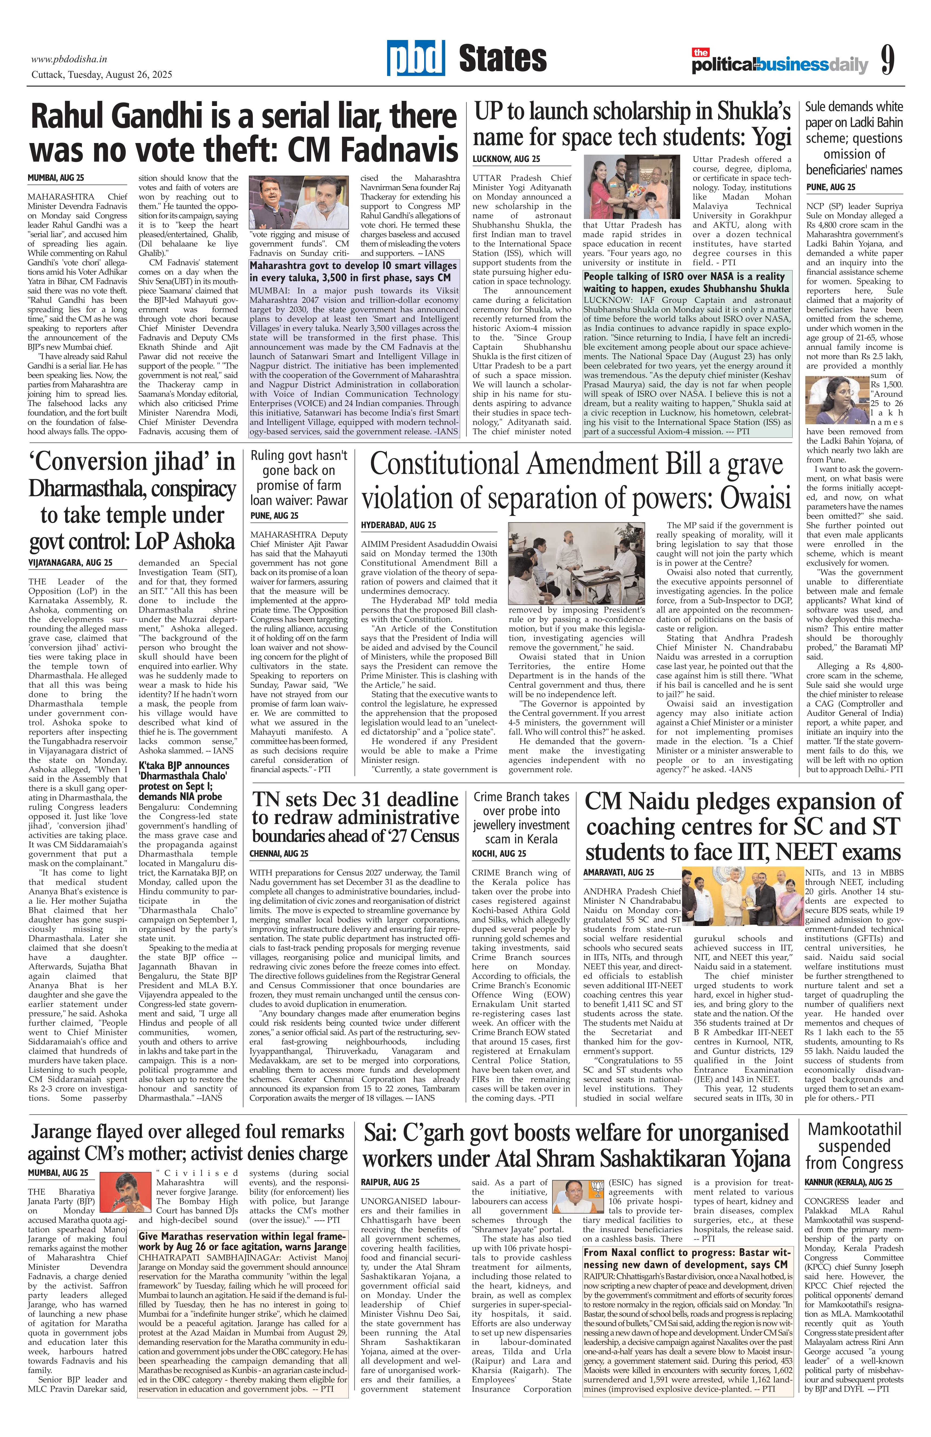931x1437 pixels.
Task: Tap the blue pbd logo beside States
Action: click(416, 59)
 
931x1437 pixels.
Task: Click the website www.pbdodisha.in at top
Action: click(69, 59)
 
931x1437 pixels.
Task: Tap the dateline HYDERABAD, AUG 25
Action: click(398, 525)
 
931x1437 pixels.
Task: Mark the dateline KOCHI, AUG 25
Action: click(499, 854)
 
